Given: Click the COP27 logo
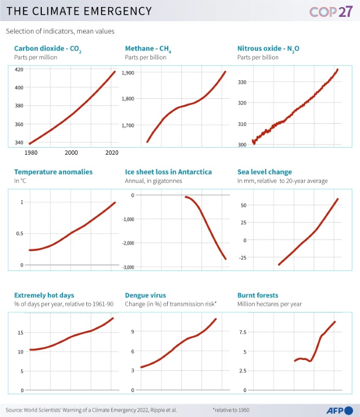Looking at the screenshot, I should coord(331,11).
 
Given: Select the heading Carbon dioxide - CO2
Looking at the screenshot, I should coord(48,49).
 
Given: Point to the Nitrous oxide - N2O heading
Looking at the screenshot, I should coord(268,49).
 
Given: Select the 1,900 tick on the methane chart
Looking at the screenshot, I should coord(128,73).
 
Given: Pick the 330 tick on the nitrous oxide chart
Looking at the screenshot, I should coord(242,82).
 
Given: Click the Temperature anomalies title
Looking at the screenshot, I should coord(53,172).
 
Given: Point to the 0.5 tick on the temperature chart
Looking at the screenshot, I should coord(21,233).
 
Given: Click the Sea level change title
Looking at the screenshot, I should coord(264,172).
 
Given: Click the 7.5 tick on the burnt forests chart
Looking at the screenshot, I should coord(242,332).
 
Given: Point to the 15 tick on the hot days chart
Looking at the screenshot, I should coord(20,332).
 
